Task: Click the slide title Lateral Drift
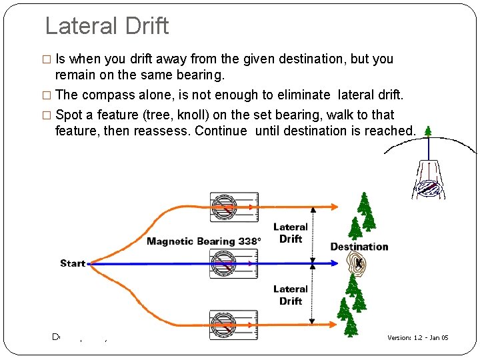pos(107,26)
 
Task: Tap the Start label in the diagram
pos(73,263)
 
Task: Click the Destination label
pos(359,247)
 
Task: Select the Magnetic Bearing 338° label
pos(203,241)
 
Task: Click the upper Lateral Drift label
pos(291,233)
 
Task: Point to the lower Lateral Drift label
pos(291,295)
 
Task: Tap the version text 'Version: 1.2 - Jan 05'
pos(418,338)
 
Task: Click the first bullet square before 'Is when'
pos(47,59)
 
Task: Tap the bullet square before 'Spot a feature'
pos(47,115)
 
